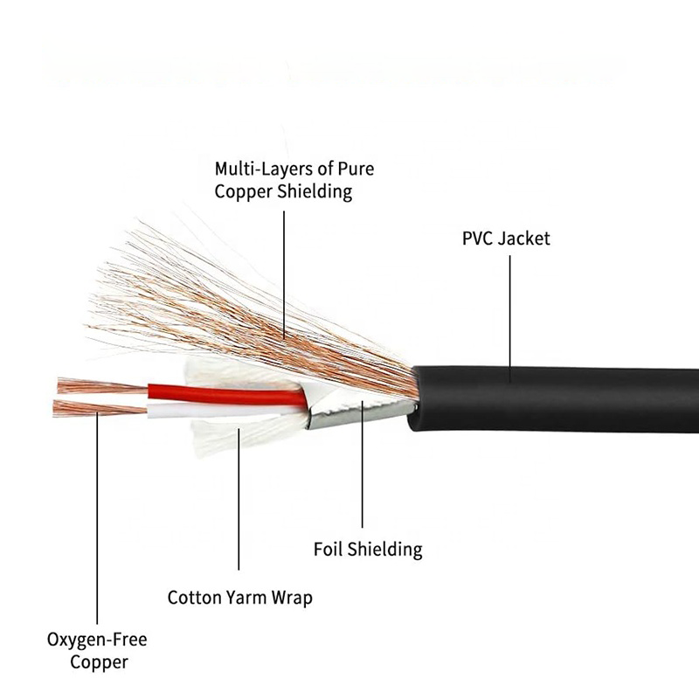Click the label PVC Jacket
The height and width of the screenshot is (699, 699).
(506, 238)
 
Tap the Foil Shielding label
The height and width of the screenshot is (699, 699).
(367, 550)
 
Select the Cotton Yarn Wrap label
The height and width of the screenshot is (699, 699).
(239, 599)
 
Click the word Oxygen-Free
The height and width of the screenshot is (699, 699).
(96, 640)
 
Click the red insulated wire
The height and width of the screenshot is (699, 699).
(227, 394)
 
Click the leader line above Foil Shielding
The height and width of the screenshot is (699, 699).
(362, 481)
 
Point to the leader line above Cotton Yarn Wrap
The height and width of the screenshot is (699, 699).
(239, 516)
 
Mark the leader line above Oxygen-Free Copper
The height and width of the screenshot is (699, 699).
(97, 524)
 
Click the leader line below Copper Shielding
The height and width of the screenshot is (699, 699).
(284, 271)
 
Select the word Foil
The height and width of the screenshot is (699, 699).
(329, 550)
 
